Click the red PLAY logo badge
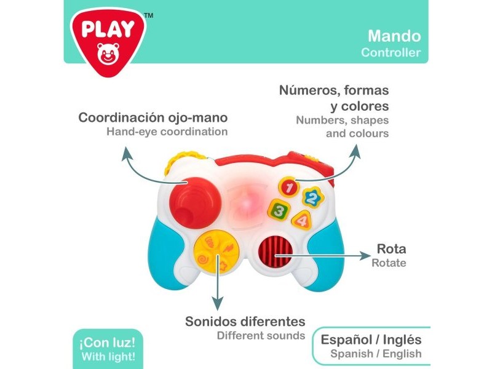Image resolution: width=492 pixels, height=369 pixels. pyautogui.click(x=108, y=41)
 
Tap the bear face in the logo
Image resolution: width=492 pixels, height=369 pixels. pyautogui.click(x=108, y=54)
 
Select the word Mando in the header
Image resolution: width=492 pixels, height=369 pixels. pyautogui.click(x=394, y=36)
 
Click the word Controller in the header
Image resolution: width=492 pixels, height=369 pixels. pyautogui.click(x=391, y=52)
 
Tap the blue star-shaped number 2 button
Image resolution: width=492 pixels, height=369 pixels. pyautogui.click(x=313, y=197)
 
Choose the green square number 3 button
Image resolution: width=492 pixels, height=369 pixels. pyautogui.click(x=279, y=210)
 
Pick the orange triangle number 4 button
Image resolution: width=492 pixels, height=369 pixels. pyautogui.click(x=302, y=220)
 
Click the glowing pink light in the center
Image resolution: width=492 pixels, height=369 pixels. pyautogui.click(x=247, y=204)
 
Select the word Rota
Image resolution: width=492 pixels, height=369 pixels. pyautogui.click(x=391, y=249)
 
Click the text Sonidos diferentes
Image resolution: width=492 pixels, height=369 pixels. pyautogui.click(x=245, y=322)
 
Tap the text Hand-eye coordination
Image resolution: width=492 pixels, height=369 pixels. pyautogui.click(x=167, y=132)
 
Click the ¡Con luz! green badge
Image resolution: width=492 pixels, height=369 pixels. pyautogui.click(x=108, y=349)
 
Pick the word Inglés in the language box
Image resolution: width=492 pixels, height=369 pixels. pyautogui.click(x=402, y=339)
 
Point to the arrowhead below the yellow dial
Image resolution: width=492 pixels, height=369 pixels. pyautogui.click(x=217, y=303)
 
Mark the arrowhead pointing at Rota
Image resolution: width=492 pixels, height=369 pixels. pyautogui.click(x=365, y=256)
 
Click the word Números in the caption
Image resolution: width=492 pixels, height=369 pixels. pyautogui.click(x=309, y=90)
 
